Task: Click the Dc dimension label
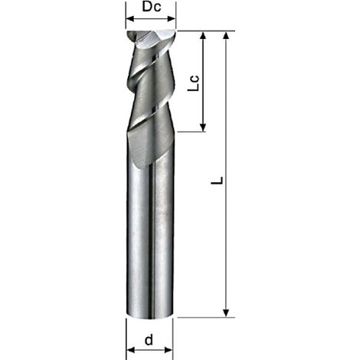tap(152, 7)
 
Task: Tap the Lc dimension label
tap(193, 83)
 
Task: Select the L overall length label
tap(218, 180)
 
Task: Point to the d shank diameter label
tap(149, 340)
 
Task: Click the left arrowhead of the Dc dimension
tap(131, 18)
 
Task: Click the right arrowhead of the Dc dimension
tap(172, 18)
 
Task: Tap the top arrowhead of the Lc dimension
tap(203, 35)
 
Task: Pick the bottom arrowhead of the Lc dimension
tap(203, 127)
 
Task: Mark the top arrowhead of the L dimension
tap(226, 35)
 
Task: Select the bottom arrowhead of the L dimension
tap(226, 313)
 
